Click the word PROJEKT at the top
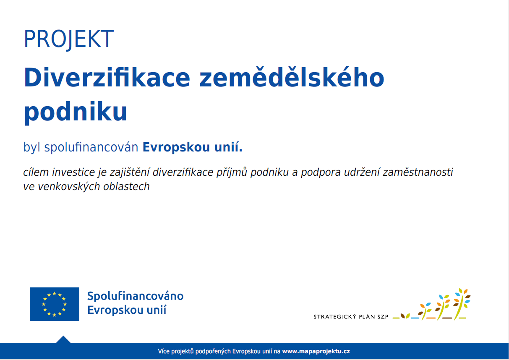coord(69,39)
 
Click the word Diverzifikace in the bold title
coord(107,77)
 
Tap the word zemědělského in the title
coord(292,77)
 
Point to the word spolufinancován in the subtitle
coord(91,147)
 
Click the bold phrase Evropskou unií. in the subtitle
coord(193,147)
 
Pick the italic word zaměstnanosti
coord(418,172)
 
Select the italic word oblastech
coord(126,187)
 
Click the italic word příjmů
coord(232,172)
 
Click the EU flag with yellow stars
coord(55,304)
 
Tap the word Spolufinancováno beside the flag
coord(135,296)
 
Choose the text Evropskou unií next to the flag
coord(127,310)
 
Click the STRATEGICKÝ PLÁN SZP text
coord(351,317)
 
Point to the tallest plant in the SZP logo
coord(461,304)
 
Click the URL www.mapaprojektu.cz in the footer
coord(316,351)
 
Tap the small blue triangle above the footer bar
coord(63,339)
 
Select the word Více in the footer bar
coord(164,351)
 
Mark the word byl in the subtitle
coord(32,147)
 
